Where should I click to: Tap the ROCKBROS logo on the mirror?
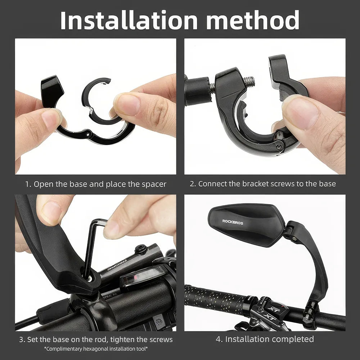coord(233,222)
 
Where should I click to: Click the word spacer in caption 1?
coord(153,184)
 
